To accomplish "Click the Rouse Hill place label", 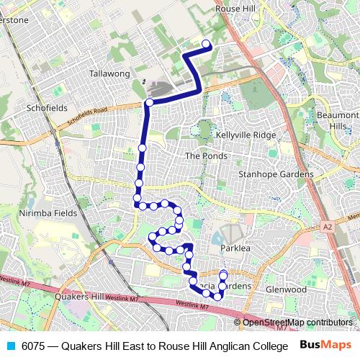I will coord(236,9).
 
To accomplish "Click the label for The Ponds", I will coord(206,156).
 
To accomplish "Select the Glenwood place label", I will coord(286,289).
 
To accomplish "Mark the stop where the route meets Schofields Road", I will coord(149,103).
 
